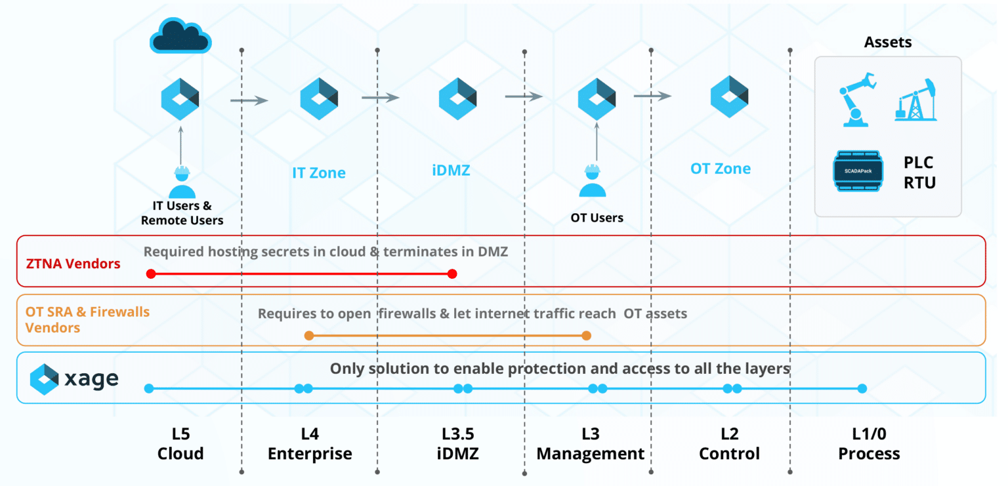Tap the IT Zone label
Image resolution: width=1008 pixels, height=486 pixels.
pos(319,173)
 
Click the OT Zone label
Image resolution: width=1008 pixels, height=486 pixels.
pos(721,169)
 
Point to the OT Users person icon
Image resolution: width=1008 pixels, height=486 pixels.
pos(593,182)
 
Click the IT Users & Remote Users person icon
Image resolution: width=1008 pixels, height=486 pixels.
pos(182,183)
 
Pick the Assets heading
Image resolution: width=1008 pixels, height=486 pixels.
pos(887,43)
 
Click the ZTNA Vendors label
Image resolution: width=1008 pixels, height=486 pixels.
pos(73,264)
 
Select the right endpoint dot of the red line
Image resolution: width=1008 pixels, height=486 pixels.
pos(451,273)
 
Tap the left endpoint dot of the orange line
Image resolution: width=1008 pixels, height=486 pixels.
pos(309,336)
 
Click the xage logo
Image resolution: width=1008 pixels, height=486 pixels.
pos(74,378)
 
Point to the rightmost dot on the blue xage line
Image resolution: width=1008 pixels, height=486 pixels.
pos(862,388)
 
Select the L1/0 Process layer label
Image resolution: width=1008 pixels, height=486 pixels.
pos(869,443)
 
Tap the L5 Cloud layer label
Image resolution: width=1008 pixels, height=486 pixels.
pos(180,443)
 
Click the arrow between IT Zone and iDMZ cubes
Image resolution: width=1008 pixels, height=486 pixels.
pos(381,98)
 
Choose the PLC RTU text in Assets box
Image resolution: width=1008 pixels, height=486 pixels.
pos(918,172)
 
